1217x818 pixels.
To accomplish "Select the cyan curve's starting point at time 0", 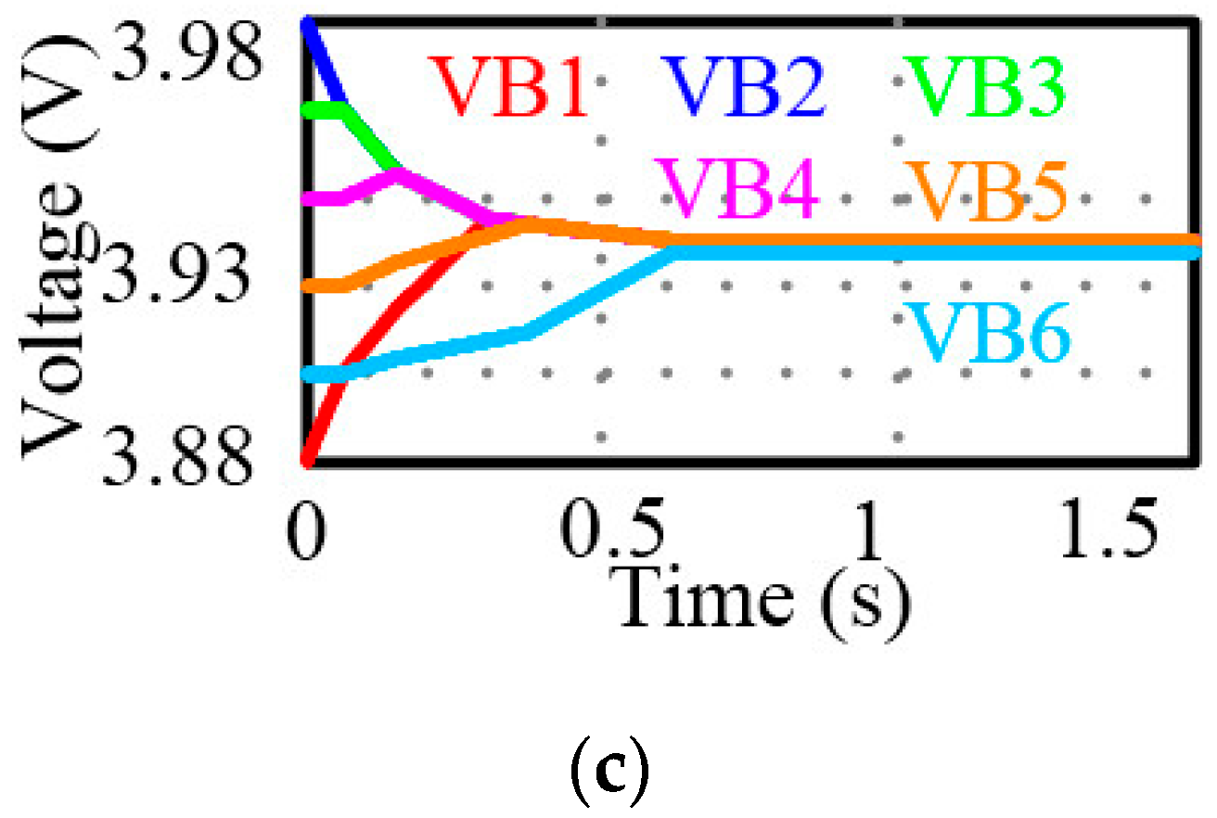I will point(308,375).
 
